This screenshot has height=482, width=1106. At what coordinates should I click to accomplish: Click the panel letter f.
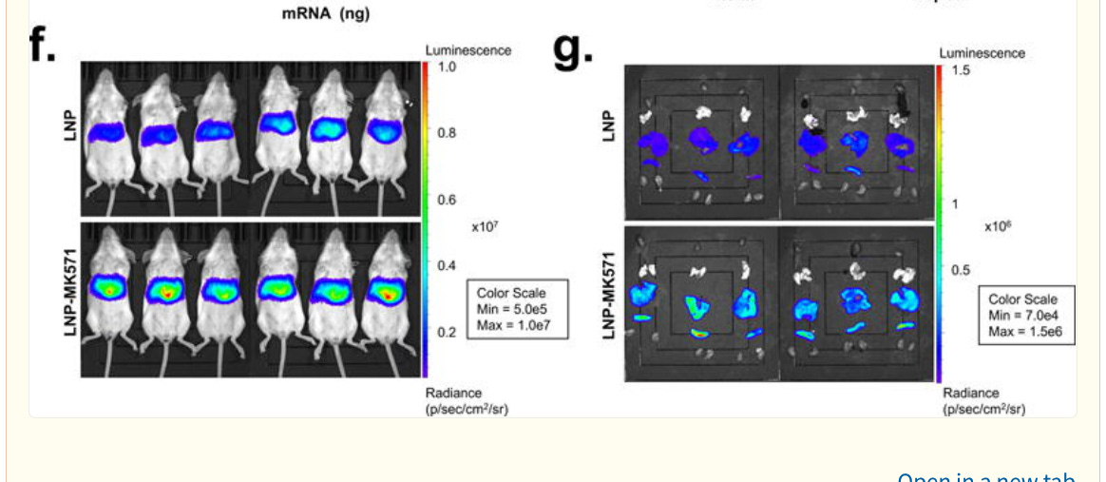coord(43,46)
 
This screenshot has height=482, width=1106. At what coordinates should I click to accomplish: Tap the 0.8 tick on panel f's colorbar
coord(446,133)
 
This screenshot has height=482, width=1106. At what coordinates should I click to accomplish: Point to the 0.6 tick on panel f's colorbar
coord(446,200)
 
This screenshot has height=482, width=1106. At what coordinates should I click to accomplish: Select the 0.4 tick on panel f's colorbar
coord(446,265)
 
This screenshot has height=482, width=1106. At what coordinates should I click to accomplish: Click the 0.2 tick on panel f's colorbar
coord(446,332)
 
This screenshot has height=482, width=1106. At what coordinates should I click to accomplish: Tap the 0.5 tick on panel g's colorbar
coord(962,269)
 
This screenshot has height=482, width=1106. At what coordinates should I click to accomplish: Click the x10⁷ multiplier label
coord(486,227)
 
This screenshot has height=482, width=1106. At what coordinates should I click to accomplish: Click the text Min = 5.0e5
coord(513,309)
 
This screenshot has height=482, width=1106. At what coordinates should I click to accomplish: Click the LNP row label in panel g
coord(608,127)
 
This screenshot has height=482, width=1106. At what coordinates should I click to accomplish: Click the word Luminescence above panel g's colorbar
coord(982,53)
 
